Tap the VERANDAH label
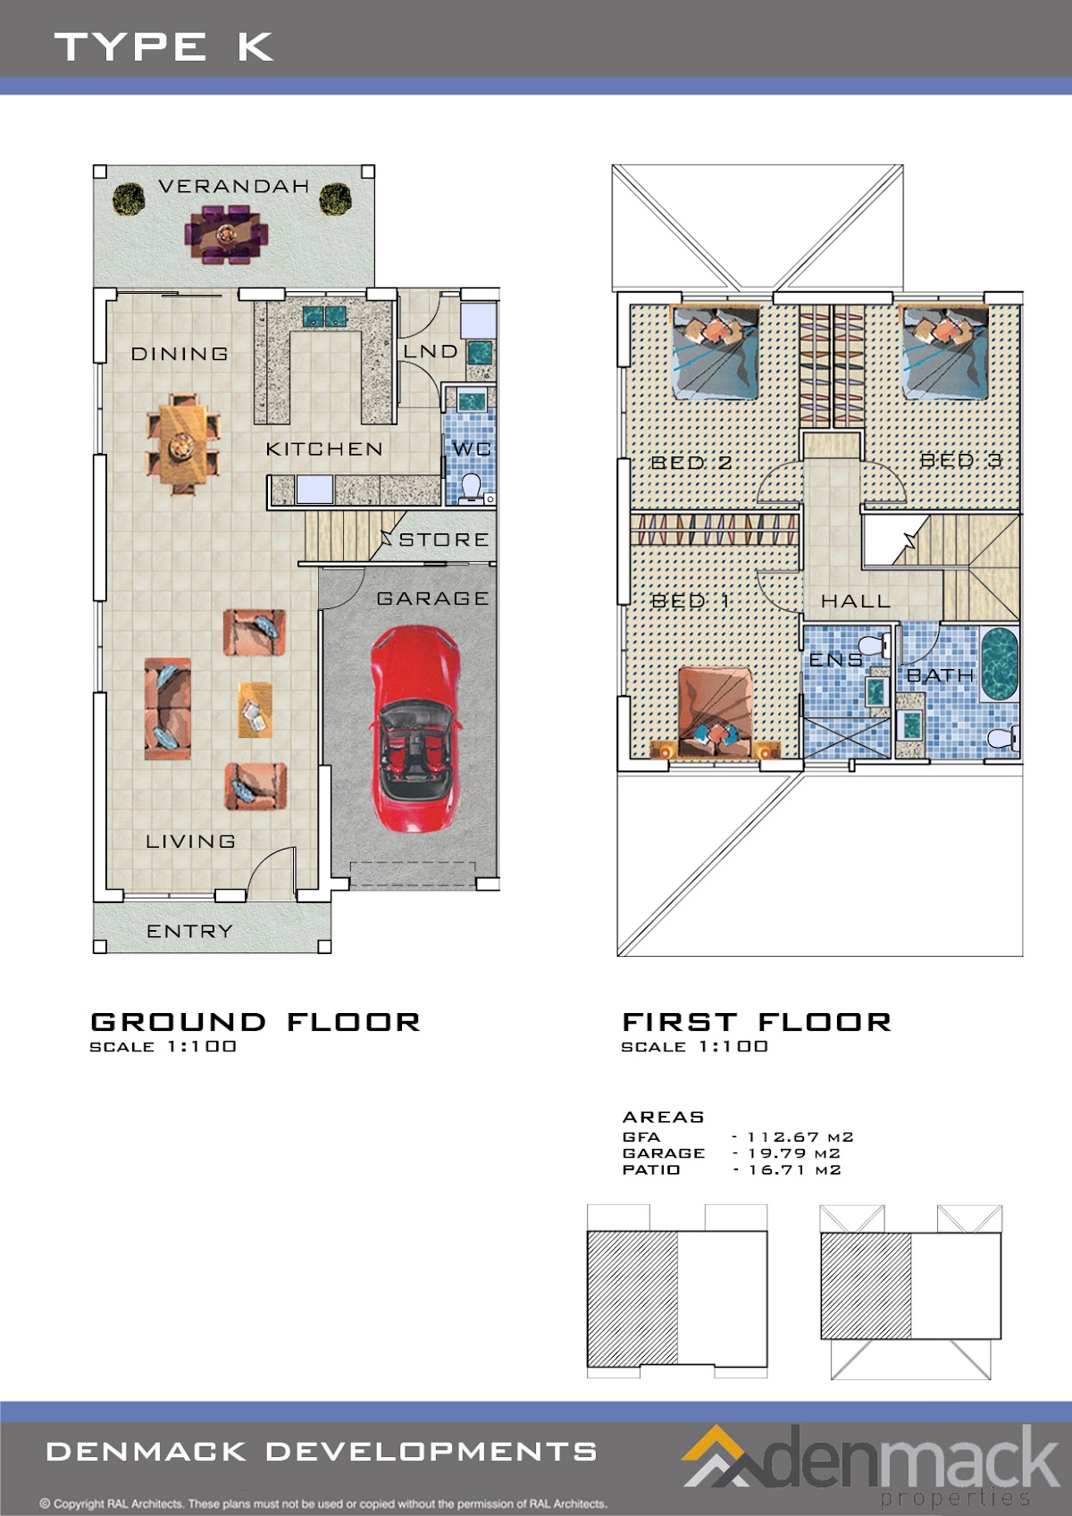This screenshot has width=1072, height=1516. (233, 186)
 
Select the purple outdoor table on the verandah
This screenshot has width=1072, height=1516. (226, 235)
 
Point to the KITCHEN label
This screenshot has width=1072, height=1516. (324, 448)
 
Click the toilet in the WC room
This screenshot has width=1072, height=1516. (471, 489)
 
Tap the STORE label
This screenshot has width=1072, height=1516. (443, 540)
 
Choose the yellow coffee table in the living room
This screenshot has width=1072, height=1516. (255, 709)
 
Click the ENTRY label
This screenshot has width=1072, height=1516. (189, 931)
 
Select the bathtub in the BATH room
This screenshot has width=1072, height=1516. (1000, 665)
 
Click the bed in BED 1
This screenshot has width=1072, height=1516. (715, 712)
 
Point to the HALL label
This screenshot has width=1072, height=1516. (856, 601)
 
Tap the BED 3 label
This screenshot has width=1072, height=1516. (960, 461)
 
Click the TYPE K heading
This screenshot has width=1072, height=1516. (163, 46)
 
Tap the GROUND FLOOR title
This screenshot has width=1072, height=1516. (255, 1022)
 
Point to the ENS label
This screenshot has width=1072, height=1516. (836, 659)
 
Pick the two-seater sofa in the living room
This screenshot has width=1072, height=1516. (167, 708)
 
